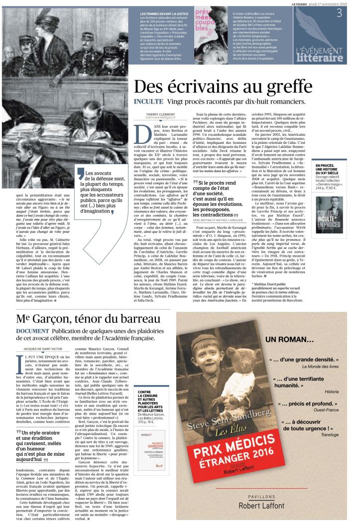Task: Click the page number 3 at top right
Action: click(339, 13)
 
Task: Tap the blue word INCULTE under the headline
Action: click(148, 102)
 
